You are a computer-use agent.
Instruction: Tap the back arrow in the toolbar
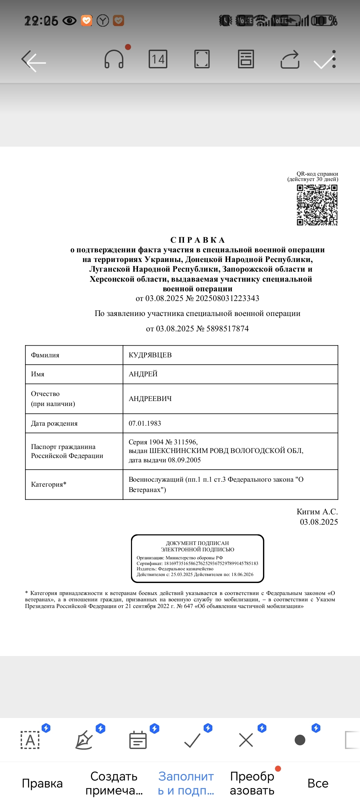34,61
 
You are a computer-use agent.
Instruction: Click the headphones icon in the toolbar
114,59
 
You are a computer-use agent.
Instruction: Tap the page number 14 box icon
158,59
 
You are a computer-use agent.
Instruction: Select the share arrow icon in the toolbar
290,60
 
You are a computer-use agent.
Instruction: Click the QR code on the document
317,205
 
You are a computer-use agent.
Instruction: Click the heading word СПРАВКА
198,240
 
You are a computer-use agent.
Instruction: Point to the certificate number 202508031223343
227,298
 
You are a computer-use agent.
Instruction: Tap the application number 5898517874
227,329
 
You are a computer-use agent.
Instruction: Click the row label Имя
38,374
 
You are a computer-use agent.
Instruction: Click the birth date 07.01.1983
145,423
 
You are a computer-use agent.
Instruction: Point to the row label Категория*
49,484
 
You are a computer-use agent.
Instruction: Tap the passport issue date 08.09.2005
184,460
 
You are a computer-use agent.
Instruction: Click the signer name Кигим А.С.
317,512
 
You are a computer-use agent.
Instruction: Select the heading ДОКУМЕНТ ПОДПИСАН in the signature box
197,543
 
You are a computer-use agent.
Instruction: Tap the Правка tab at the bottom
42,783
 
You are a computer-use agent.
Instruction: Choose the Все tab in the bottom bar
318,783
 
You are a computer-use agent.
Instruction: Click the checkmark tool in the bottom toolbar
192,740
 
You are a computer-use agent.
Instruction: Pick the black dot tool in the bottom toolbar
300,740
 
